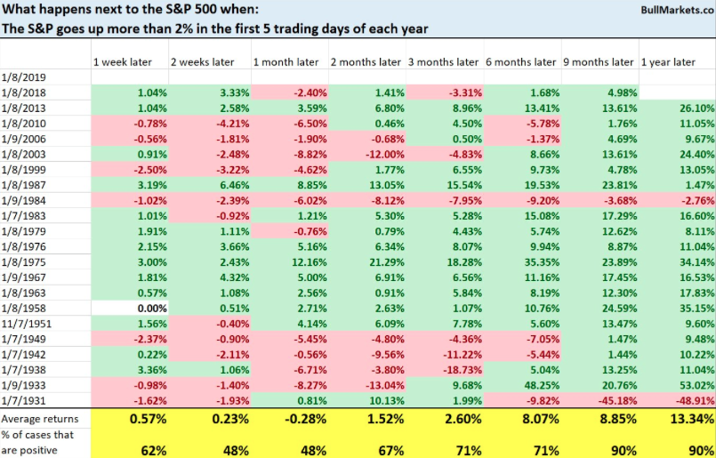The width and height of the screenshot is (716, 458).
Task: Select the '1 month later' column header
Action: [x=285, y=61]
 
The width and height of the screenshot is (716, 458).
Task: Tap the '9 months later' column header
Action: [x=599, y=61]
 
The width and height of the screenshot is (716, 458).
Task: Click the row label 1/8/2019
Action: [x=24, y=76]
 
